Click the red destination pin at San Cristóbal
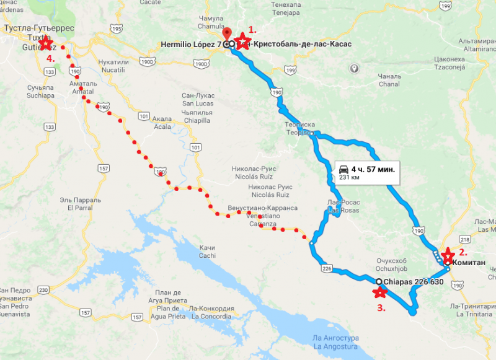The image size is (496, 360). (226, 34)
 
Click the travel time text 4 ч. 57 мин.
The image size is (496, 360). (373, 168)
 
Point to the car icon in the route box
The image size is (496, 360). (343, 168)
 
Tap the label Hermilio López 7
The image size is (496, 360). (192, 45)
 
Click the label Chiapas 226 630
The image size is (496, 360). (414, 281)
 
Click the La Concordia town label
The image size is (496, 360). (212, 312)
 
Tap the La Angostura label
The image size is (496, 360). (334, 342)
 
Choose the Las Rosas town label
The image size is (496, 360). (343, 207)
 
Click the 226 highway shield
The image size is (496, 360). (327, 268)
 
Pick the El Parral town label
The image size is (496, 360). (79, 204)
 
